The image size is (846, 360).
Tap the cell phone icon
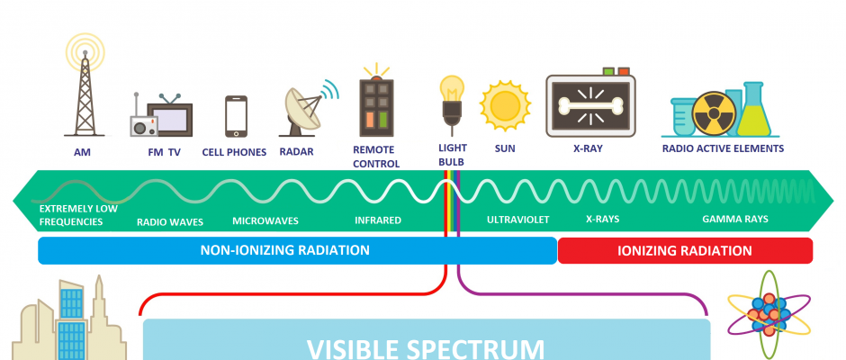tap(236, 116)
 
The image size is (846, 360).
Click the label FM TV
tap(165, 152)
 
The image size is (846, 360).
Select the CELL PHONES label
tap(234, 152)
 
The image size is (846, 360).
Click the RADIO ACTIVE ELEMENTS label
tap(723, 148)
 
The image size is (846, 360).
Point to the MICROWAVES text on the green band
tap(265, 220)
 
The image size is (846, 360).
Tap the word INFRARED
tap(378, 220)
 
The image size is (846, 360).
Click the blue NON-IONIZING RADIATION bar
tap(297, 250)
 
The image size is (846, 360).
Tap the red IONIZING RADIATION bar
tap(685, 250)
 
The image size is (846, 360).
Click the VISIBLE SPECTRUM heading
tap(426, 347)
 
